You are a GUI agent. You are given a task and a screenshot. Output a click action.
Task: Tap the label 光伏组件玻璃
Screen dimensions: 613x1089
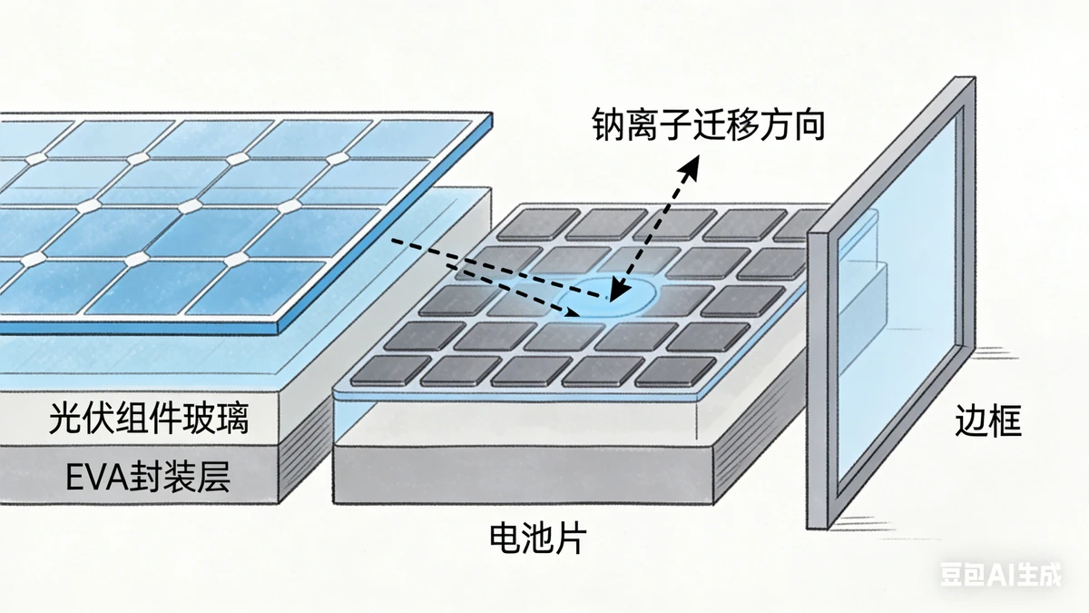pyautogui.click(x=149, y=420)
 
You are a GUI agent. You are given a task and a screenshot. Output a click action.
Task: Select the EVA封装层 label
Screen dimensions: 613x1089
pyautogui.click(x=149, y=476)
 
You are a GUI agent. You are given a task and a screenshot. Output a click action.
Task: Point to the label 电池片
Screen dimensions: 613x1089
pyautogui.click(x=537, y=539)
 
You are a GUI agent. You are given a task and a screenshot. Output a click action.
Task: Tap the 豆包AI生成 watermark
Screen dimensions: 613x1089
pyautogui.click(x=998, y=576)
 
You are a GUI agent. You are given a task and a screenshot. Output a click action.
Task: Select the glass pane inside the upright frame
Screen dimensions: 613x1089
pyautogui.click(x=898, y=300)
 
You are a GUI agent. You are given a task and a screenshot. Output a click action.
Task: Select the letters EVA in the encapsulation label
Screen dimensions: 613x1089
pyautogui.click(x=97, y=477)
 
